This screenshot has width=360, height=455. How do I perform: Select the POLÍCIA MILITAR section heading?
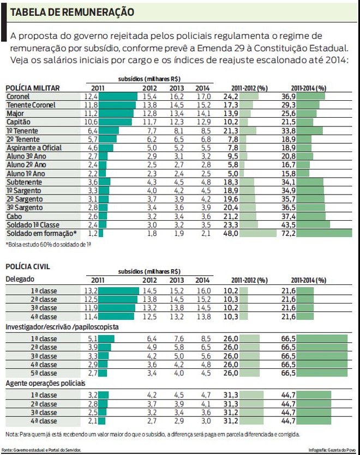(33, 88)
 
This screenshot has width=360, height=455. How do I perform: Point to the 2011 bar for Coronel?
(118, 96)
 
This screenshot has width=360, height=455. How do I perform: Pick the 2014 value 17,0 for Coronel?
(202, 96)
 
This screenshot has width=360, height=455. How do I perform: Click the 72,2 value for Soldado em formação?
(303, 234)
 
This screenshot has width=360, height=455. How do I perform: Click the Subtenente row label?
(22, 182)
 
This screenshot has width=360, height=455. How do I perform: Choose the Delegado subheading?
(20, 279)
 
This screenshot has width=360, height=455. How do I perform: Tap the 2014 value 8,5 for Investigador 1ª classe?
(202, 339)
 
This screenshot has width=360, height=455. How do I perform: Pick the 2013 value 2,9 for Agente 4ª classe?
(177, 422)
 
